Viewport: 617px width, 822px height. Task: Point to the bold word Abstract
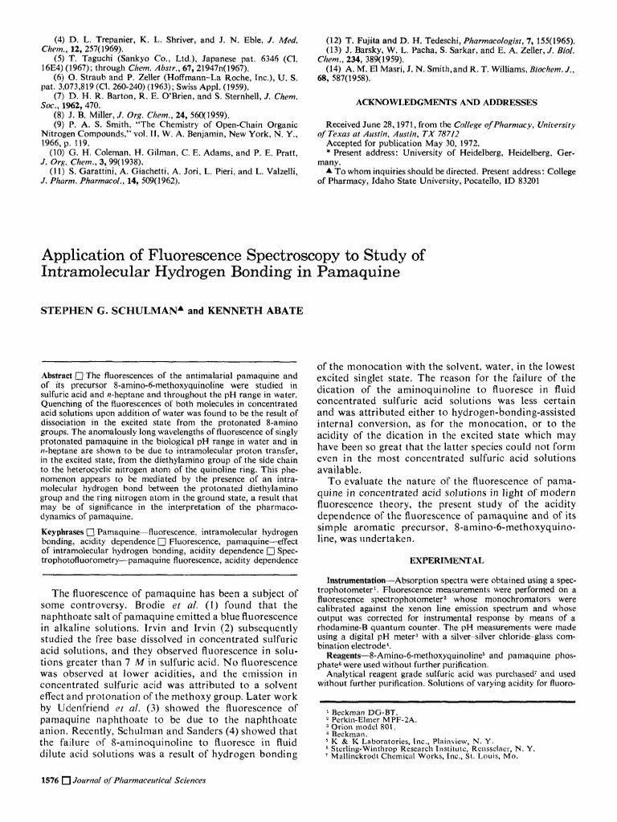[x=57, y=376]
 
